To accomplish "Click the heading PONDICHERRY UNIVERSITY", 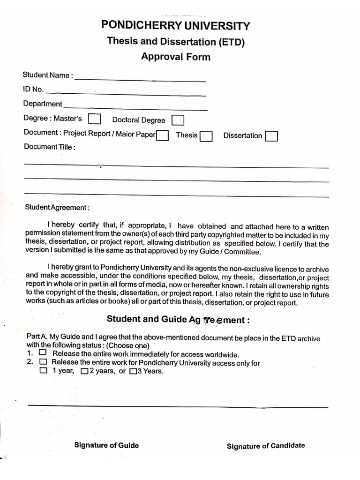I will tap(176, 25).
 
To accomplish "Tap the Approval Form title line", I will tap(176, 57).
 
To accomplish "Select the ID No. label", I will tap(33, 89).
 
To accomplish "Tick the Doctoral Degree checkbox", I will tap(178, 120).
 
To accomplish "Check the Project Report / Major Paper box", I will tap(163, 135).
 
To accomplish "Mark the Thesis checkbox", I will tap(206, 136).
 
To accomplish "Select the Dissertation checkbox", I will tap(271, 136).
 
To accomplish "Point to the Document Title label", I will tap(49, 147).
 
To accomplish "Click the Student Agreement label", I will tap(57, 207).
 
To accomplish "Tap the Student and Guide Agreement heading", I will tap(178, 320).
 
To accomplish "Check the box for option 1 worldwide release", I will tap(43, 352).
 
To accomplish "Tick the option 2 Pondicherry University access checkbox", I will tap(43, 362).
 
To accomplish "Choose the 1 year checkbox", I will tap(44, 371).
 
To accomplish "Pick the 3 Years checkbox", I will tap(133, 372).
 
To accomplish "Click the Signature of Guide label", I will tap(106, 445).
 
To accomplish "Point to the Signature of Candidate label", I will tap(266, 446).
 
